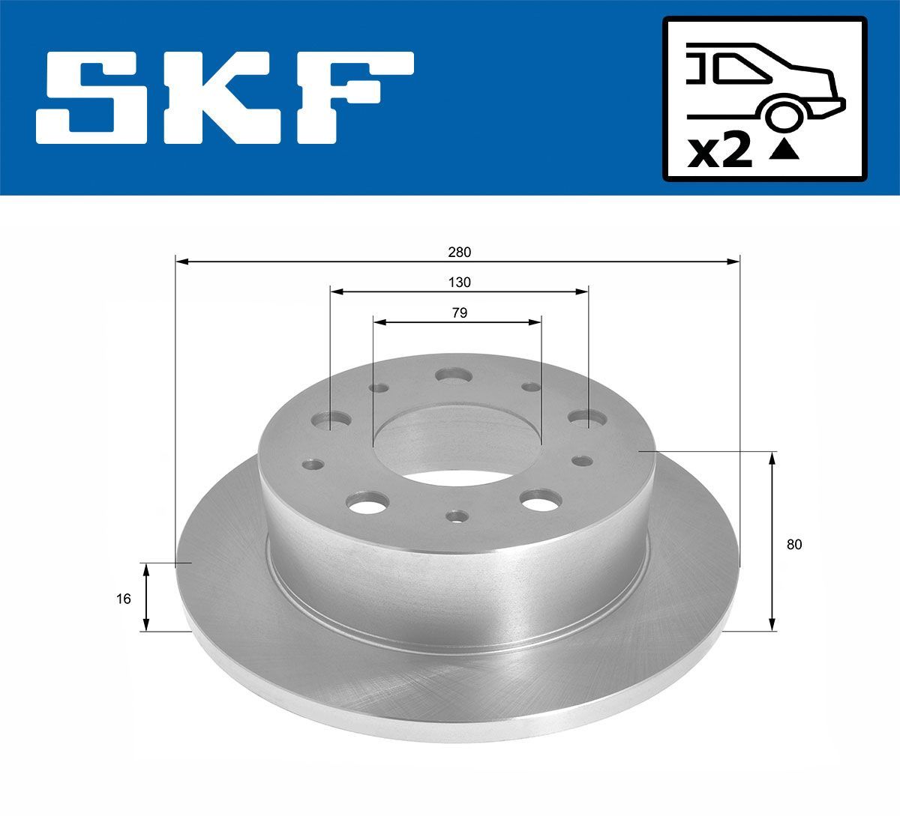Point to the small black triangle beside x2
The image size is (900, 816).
pos(784,152)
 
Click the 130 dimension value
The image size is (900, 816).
pos(459,282)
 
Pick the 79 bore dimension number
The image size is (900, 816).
pos(459,313)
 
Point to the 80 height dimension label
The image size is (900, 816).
pos(794,545)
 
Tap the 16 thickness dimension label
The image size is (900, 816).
pos(124,598)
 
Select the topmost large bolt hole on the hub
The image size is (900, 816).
pos(453,375)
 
